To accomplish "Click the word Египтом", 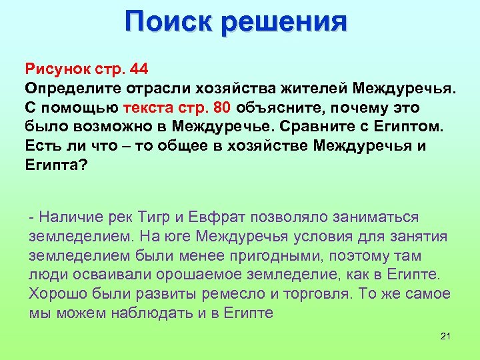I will click(397, 127).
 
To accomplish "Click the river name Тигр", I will click(158, 217).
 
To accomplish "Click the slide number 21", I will click(446, 336).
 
